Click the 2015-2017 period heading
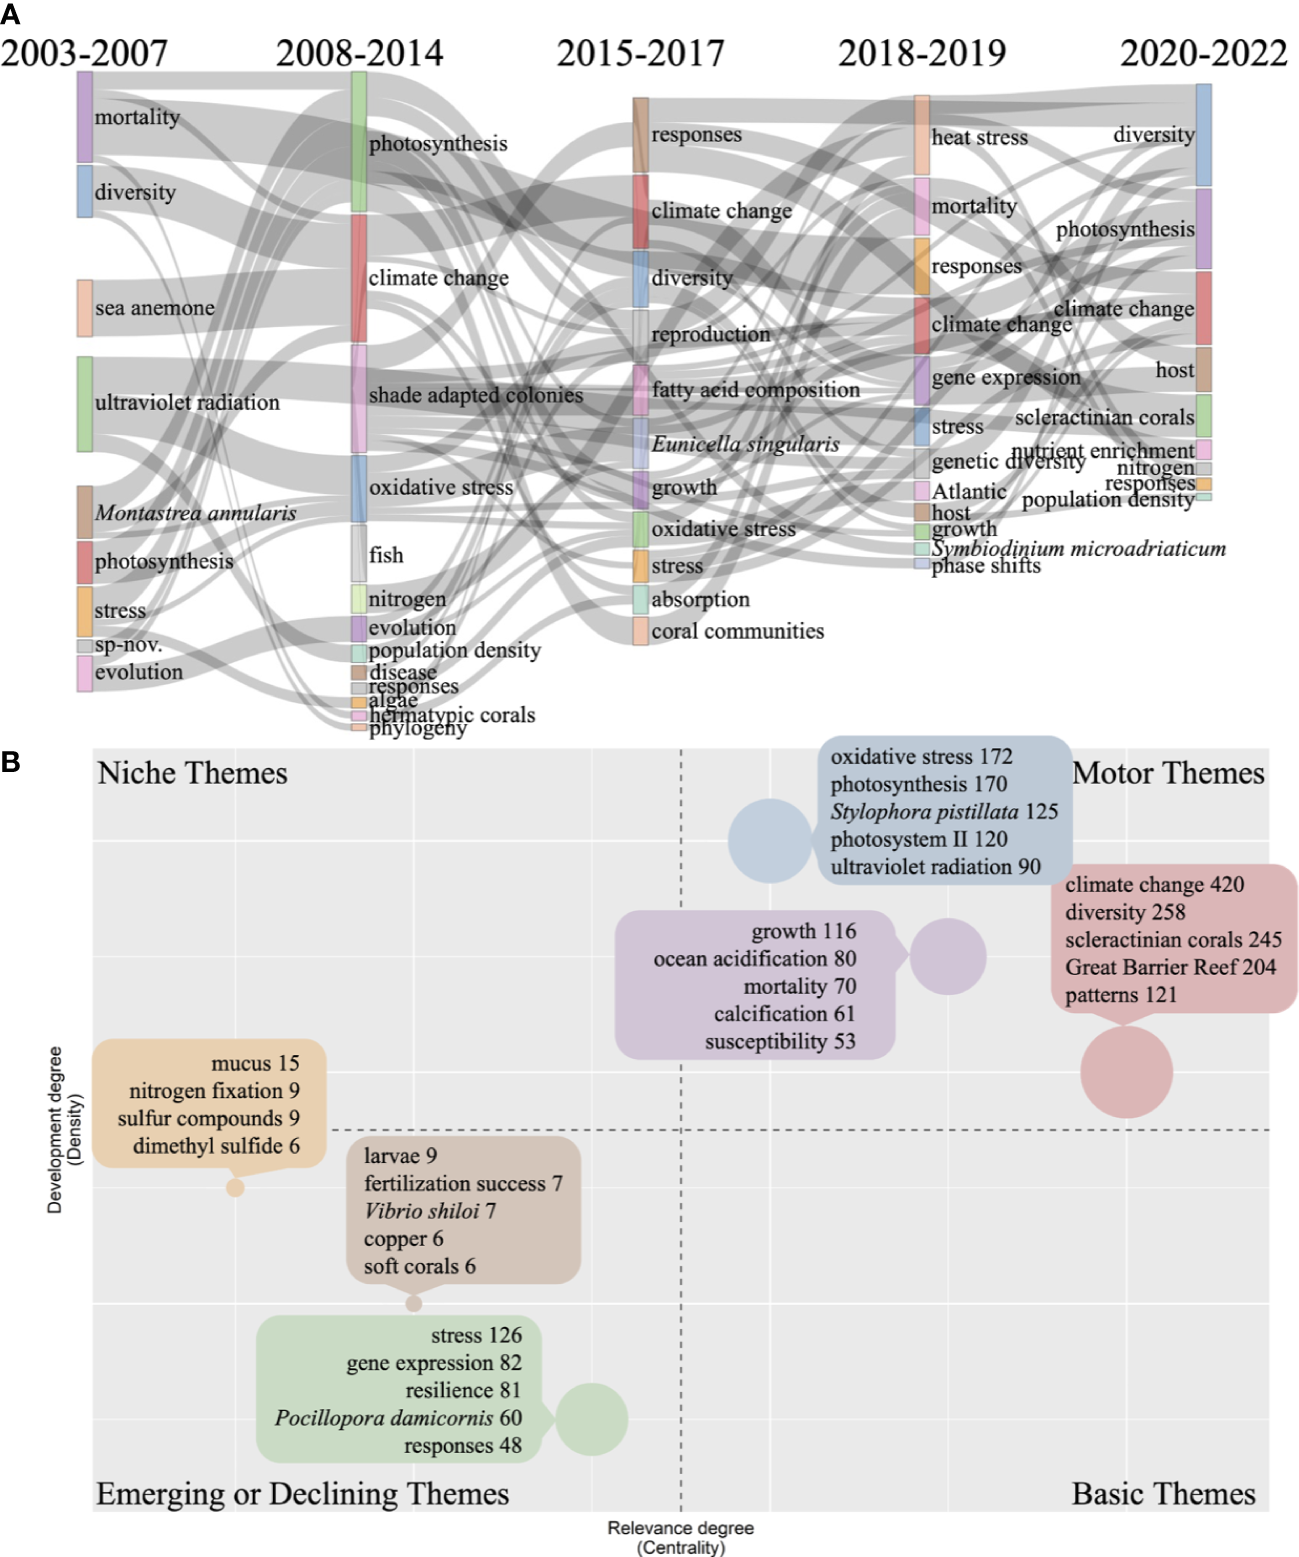point(640,53)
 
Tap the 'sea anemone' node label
point(154,308)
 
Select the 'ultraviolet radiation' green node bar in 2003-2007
point(85,404)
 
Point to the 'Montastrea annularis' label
point(196,513)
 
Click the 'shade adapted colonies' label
point(475,395)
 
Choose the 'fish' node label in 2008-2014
point(386,555)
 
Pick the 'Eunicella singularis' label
point(745,444)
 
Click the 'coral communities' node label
point(737,631)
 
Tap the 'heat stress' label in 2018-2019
point(979,138)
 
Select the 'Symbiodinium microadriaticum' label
point(1078,548)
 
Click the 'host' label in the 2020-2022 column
point(1174,370)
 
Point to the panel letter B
point(11,762)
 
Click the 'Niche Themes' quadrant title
point(192,773)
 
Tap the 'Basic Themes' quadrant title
point(1163,1494)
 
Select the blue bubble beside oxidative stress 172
point(769,841)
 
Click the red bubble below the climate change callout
point(1126,1071)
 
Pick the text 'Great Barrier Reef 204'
point(1170,967)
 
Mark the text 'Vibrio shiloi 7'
point(430,1211)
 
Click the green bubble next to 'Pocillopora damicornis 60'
point(591,1419)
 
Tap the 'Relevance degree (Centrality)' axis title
point(680,1537)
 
